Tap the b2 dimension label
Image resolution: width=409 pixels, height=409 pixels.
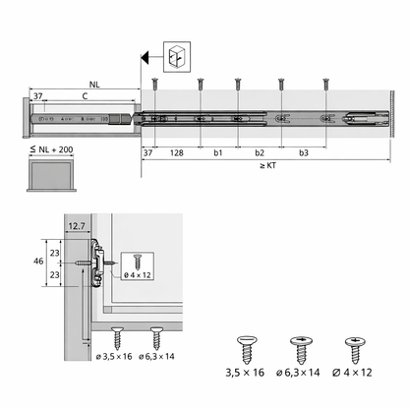[x=261, y=153]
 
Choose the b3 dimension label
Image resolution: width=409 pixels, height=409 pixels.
[x=303, y=153]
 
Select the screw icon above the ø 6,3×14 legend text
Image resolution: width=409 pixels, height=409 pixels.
[x=300, y=349]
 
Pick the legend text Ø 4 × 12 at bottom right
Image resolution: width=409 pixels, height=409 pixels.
[x=353, y=373]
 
